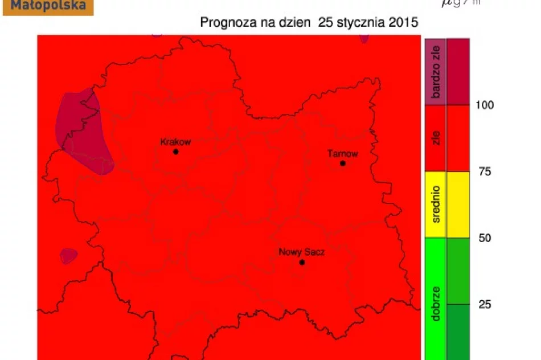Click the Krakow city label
tap(175, 142)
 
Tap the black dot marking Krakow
tap(175, 152)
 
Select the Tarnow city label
tap(343, 153)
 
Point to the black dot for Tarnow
tap(343, 163)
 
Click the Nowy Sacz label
tap(301, 252)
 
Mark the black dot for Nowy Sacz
tap(302, 263)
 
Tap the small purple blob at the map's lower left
tap(69, 256)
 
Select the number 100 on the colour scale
tap(485, 105)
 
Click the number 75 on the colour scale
tap(485, 171)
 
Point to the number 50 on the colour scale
tap(485, 238)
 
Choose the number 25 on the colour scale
tap(485, 304)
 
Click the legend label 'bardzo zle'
tap(437, 72)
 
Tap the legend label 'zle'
tap(437, 138)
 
